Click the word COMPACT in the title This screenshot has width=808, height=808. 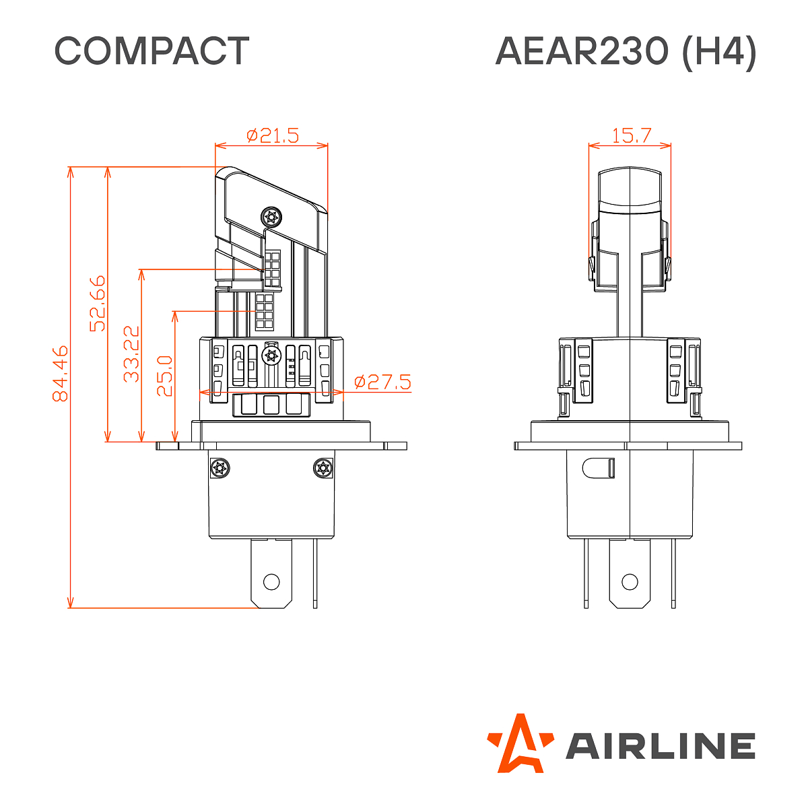(x=151, y=51)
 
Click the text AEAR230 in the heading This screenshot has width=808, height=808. (x=581, y=51)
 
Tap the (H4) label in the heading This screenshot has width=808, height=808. (x=719, y=51)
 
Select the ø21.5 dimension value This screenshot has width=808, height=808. (x=272, y=136)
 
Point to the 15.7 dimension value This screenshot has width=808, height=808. (x=631, y=136)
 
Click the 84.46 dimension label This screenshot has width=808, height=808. (x=61, y=374)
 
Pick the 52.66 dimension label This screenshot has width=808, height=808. (x=98, y=303)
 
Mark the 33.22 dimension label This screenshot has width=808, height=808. (x=132, y=353)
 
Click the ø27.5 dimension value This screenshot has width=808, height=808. (x=382, y=382)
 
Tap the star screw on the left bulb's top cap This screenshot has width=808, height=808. (x=271, y=217)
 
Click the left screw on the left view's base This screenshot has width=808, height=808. (x=220, y=469)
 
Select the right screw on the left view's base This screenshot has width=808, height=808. (x=323, y=469)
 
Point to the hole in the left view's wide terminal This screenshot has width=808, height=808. (x=271, y=581)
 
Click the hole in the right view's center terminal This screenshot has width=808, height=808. (x=630, y=581)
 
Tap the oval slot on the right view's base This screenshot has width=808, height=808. (x=599, y=467)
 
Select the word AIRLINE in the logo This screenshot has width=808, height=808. (x=660, y=746)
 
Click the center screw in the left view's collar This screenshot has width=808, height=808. (x=271, y=356)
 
